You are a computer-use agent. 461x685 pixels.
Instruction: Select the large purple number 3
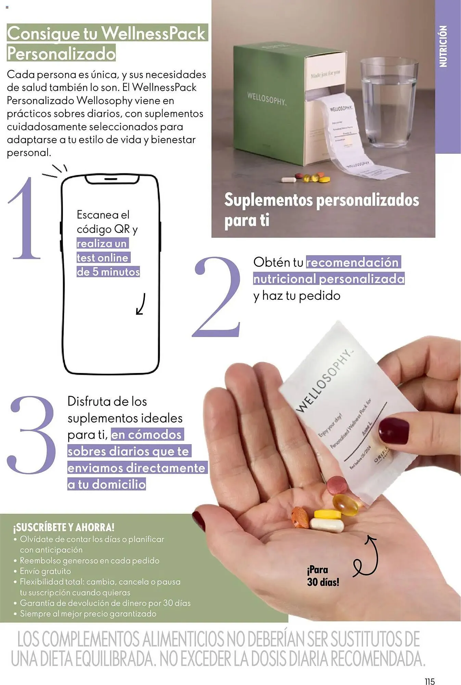[x=31, y=435]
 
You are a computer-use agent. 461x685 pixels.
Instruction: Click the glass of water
[x=389, y=103]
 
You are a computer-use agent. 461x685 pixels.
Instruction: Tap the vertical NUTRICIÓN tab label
[x=444, y=46]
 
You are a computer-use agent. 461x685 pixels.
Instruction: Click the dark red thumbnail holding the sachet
[x=394, y=431]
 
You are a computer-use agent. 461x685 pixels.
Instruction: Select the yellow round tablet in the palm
[x=328, y=514]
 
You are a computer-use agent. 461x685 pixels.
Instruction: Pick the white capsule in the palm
[x=327, y=525]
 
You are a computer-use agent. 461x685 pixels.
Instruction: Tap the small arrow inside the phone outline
[x=141, y=304]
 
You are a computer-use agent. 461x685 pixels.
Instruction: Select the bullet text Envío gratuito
[x=45, y=571]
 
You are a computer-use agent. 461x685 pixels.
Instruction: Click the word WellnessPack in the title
[x=154, y=33]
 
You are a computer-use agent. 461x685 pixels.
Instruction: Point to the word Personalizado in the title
[x=61, y=54]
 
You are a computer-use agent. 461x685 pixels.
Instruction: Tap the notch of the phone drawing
[x=112, y=179]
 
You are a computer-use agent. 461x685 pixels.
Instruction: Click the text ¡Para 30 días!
[x=323, y=576]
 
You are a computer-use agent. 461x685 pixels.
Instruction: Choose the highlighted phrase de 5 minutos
[x=108, y=272]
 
